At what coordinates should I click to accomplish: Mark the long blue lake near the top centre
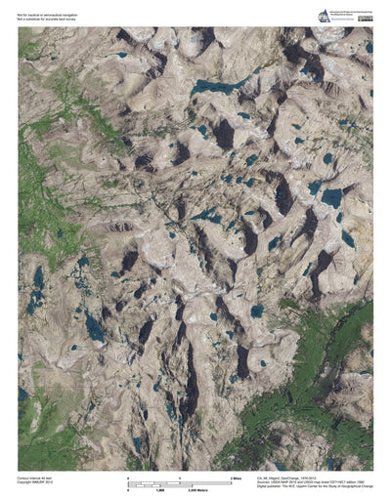pos(217,85)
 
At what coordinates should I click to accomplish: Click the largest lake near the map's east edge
pos(331,197)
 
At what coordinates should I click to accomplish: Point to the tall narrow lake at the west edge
pos(37,279)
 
